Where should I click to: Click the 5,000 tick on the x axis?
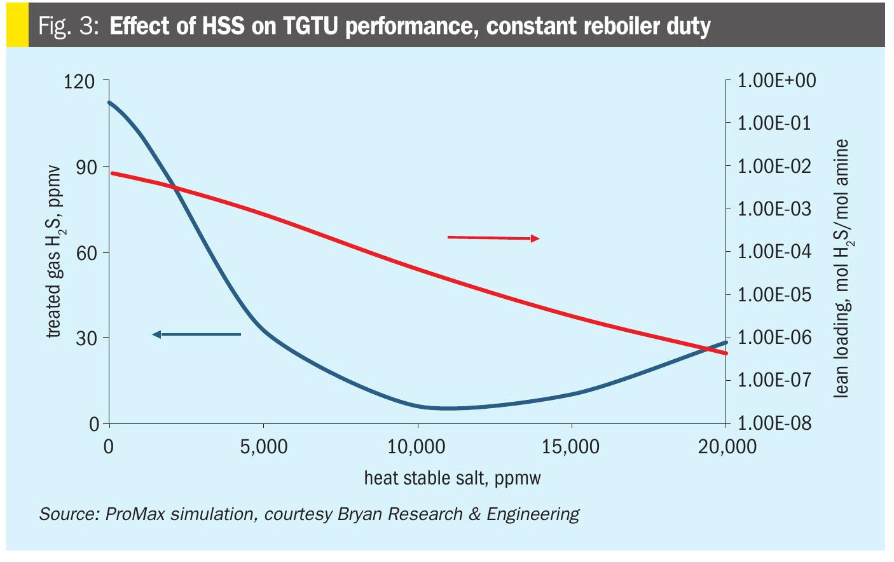click(264, 447)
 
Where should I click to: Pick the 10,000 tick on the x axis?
click(417, 447)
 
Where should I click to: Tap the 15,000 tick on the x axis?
click(571, 447)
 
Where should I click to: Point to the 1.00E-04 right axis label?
click(775, 252)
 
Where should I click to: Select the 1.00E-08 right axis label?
click(775, 423)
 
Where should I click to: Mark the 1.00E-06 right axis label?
click(775, 338)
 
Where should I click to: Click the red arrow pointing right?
click(493, 238)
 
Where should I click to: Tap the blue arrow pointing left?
click(196, 334)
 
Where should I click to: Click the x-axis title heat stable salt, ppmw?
click(452, 478)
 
